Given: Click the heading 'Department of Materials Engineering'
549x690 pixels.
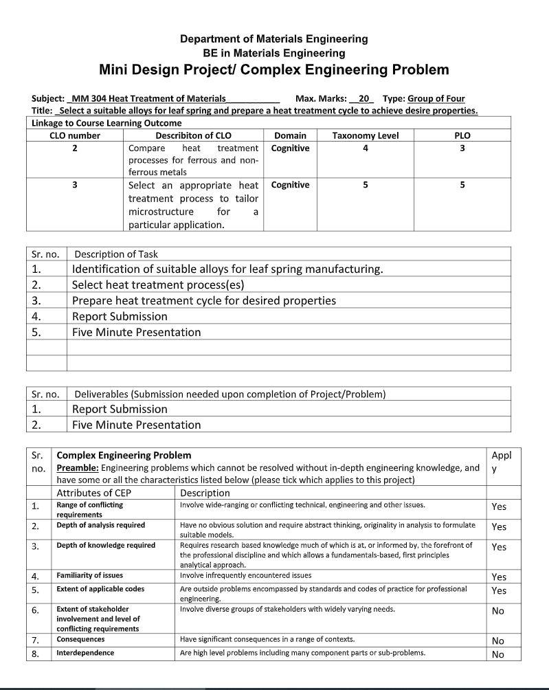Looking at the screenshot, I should point(273,38).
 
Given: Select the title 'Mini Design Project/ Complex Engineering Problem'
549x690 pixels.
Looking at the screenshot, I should point(273,69).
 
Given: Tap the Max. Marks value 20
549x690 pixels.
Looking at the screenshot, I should point(361,98).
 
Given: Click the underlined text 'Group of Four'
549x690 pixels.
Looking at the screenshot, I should point(436,98).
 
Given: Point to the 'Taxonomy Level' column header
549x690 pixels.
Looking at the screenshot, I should point(365,135).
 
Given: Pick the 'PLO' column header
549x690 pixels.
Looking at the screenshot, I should point(462,135).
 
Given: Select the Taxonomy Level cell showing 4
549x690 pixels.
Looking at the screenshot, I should point(365,148).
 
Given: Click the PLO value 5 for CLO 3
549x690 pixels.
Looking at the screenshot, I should point(462,184).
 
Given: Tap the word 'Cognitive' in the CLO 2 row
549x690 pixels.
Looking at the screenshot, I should point(290,148).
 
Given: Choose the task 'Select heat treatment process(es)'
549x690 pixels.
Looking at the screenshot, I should point(158,285).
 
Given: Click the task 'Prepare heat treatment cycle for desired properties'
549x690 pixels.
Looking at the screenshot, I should point(204,300).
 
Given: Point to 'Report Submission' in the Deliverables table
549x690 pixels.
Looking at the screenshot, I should point(120,409).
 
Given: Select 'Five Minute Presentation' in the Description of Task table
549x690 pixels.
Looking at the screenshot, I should point(136,332).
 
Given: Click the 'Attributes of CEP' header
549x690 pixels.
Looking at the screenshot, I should point(93,493).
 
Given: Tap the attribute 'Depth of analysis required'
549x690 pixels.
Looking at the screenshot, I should point(100,525).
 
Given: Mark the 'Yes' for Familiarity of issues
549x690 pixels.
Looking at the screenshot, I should point(499,577).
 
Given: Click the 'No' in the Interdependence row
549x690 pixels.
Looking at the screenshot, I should point(498,654).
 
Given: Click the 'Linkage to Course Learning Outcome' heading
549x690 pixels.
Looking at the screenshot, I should point(107,123).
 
